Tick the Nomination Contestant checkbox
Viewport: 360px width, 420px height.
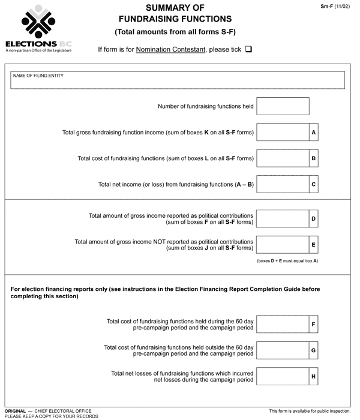tap(248, 49)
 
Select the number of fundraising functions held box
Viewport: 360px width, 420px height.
tap(283, 107)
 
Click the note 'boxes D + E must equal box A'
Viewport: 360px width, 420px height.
tap(287, 262)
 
